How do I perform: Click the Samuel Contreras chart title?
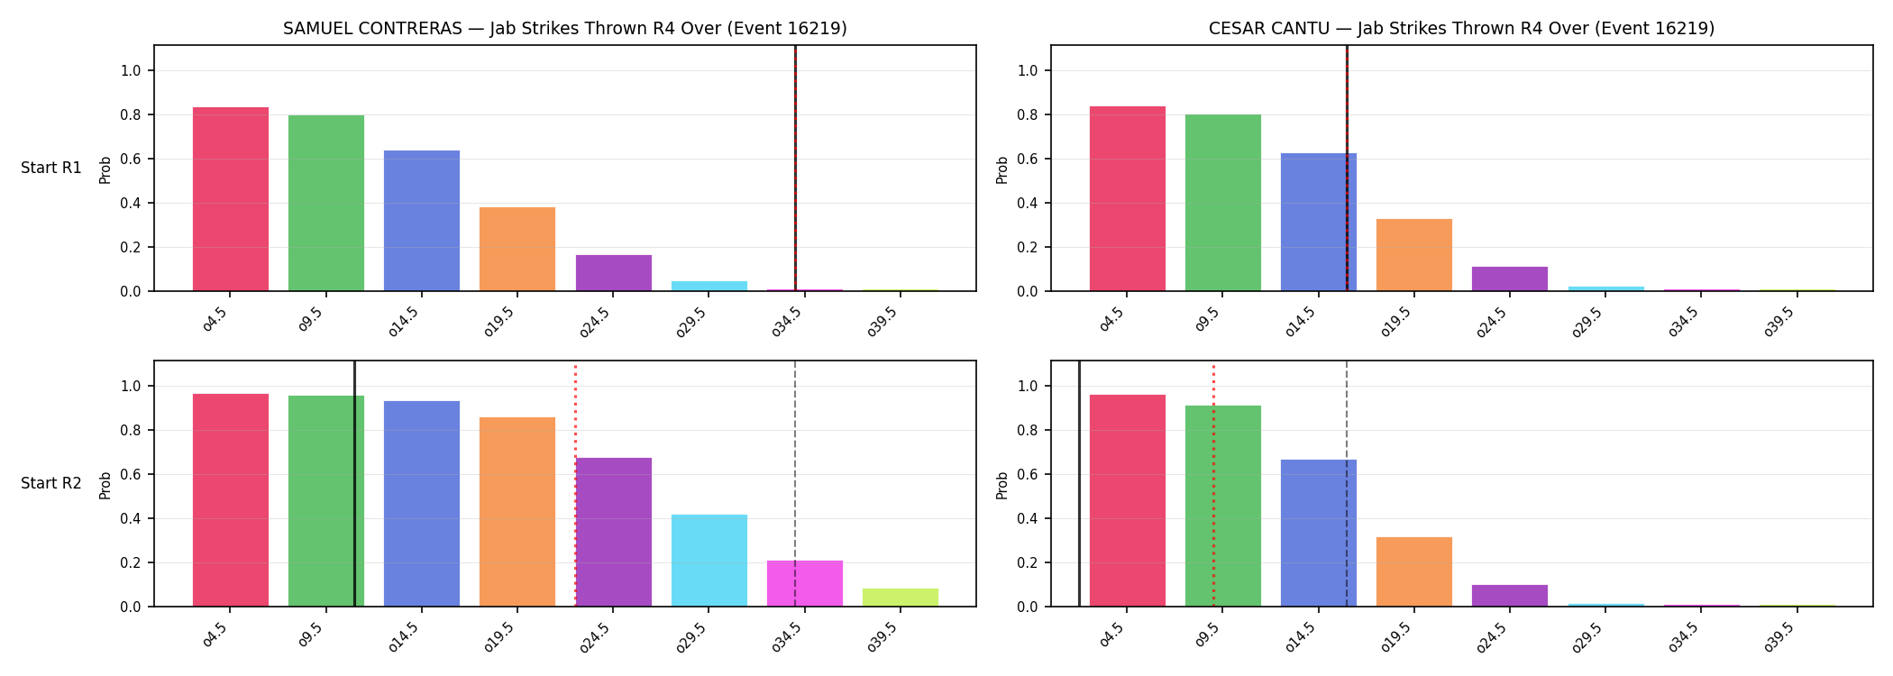565,28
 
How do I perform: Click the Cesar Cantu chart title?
1461,28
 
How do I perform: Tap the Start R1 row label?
51,168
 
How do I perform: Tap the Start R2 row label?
51,483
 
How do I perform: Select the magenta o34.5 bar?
805,583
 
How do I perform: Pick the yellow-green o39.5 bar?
901,598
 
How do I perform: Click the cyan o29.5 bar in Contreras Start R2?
709,561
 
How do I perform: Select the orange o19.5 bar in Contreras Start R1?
517,249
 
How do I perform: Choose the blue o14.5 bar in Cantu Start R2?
1319,533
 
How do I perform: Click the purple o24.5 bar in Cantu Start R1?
1510,279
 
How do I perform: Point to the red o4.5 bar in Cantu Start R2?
1128,500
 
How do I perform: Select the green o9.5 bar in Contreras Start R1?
326,203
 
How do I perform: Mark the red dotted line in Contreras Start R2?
575,485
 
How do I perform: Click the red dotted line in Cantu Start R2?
1213,485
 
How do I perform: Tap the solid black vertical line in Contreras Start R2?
354,483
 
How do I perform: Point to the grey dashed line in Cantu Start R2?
1347,483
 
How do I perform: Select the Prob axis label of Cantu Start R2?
1002,485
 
